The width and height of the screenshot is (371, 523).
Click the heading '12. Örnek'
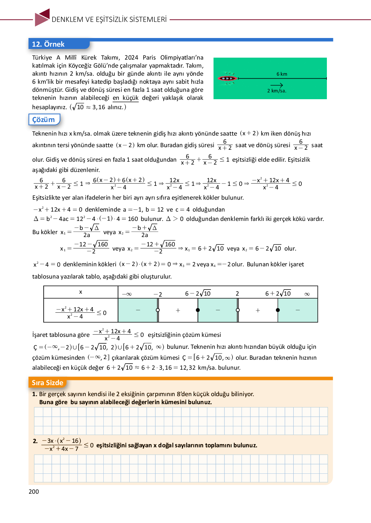coord(48,44)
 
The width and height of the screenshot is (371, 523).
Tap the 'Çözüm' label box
coord(44,119)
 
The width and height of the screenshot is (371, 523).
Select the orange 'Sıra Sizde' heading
coord(47,383)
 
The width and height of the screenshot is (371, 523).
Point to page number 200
coord(34,491)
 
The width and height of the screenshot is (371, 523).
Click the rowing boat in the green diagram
coord(227,78)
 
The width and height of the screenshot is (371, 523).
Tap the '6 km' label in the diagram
coord(282,74)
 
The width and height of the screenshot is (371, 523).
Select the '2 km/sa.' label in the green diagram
coord(277,91)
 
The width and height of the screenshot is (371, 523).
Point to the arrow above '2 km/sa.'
coord(277,85)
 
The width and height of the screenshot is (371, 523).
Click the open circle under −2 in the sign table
coord(157,310)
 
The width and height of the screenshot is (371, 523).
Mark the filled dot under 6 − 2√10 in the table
coord(198,310)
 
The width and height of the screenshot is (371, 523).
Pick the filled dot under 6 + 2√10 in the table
coord(278,310)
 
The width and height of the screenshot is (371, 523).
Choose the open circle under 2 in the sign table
coord(238,310)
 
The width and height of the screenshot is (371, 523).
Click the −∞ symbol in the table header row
coord(127,294)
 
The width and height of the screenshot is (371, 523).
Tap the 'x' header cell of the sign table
coord(81,292)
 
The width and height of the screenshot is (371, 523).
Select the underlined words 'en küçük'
coord(126,98)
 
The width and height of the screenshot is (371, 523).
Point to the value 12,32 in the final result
coord(187,367)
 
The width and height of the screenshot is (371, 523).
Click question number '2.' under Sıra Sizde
coord(35,441)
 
